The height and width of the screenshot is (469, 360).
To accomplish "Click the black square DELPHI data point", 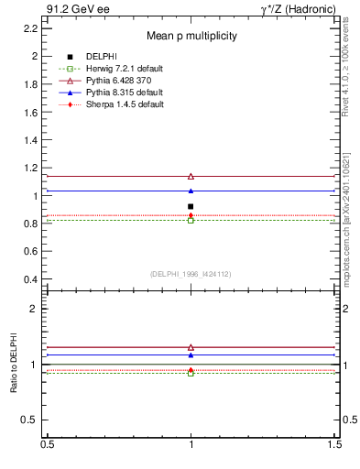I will (191, 207).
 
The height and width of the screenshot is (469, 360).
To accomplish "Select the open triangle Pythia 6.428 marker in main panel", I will (191, 176).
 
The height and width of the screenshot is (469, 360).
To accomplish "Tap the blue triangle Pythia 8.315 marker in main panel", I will (191, 191).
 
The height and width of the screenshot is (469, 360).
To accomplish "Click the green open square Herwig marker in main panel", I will (191, 220).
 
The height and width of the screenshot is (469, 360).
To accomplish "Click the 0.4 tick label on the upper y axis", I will (30, 279).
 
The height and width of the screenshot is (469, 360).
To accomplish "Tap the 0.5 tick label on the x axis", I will (47, 444).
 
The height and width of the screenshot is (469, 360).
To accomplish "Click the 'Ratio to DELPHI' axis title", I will (13, 365).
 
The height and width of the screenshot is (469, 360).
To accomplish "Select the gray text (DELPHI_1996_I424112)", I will (191, 274).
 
